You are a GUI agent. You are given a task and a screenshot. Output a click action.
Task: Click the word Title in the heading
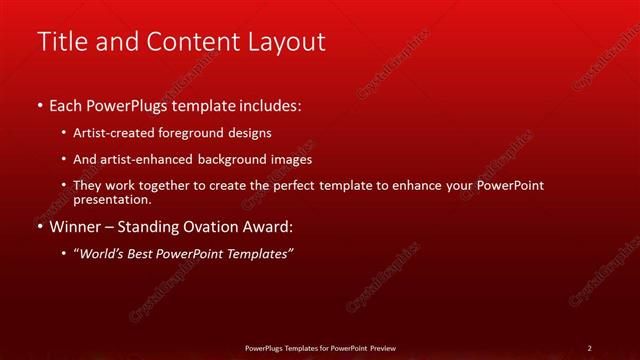(59, 42)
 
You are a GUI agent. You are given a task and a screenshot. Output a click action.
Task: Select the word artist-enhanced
(143, 159)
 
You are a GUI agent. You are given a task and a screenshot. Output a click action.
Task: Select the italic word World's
(104, 253)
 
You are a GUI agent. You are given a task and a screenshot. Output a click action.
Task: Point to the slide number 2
(590, 348)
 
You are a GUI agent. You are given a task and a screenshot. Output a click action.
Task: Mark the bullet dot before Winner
(39, 227)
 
